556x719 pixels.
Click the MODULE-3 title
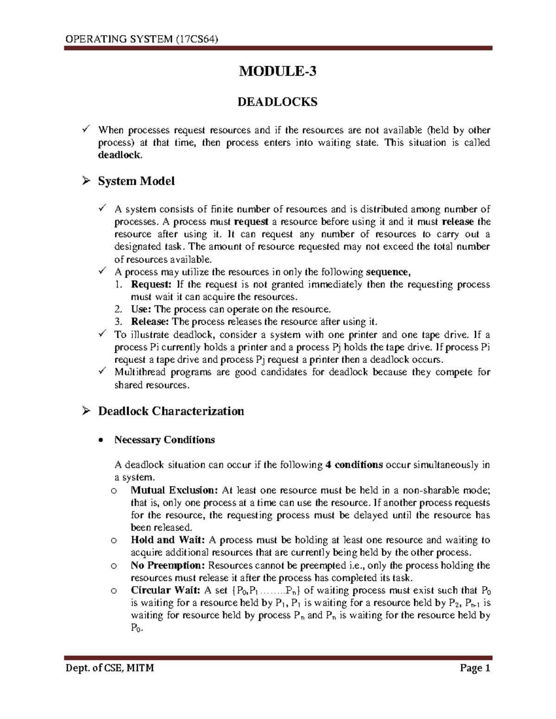[x=278, y=71]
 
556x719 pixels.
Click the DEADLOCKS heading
[x=278, y=102]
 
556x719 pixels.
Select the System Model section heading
[x=136, y=181]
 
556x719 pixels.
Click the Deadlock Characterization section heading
[x=171, y=411]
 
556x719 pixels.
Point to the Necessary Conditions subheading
[x=164, y=440]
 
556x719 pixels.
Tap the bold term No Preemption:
[x=168, y=565]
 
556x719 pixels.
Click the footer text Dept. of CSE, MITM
[x=109, y=669]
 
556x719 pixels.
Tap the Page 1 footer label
[x=474, y=669]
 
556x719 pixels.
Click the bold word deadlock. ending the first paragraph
[x=119, y=156]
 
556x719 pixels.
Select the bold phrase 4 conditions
[x=354, y=465]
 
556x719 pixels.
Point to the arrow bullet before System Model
[x=85, y=181]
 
